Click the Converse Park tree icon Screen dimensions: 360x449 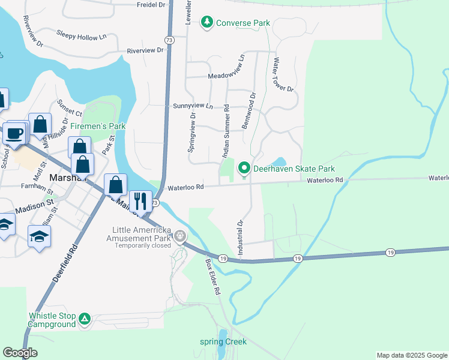click(x=208, y=23)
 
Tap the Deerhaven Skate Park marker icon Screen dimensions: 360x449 click(x=244, y=169)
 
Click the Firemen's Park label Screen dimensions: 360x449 click(x=98, y=127)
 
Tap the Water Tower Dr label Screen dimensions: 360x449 click(x=283, y=75)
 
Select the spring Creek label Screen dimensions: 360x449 click(x=223, y=342)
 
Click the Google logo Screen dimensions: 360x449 click(x=20, y=353)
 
